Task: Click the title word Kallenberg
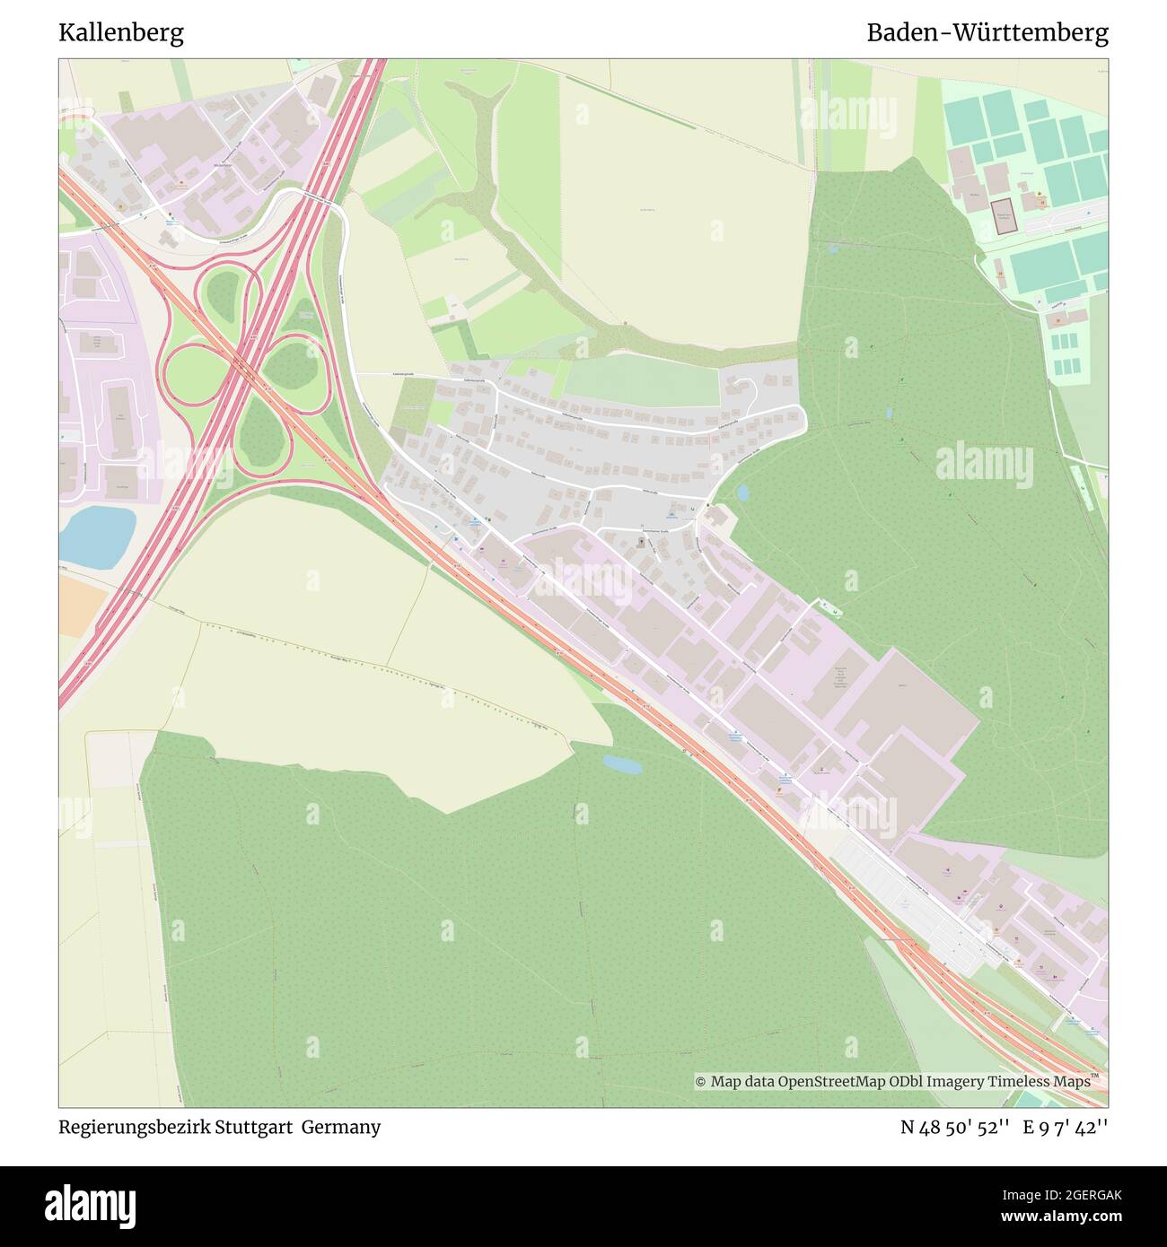pos(121,33)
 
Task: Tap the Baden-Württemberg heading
pos(987,33)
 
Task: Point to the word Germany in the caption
pos(340,1127)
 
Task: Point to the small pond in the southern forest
pos(622,764)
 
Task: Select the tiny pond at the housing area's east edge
pos(743,493)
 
